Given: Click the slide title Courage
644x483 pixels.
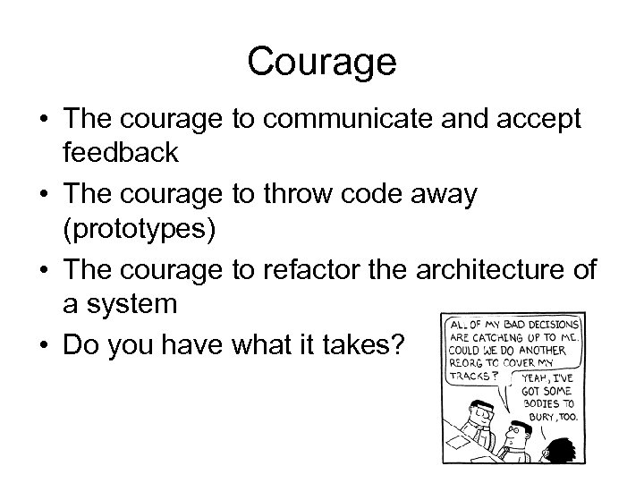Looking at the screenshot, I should (321, 62).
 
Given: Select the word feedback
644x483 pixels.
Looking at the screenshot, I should (121, 153).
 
